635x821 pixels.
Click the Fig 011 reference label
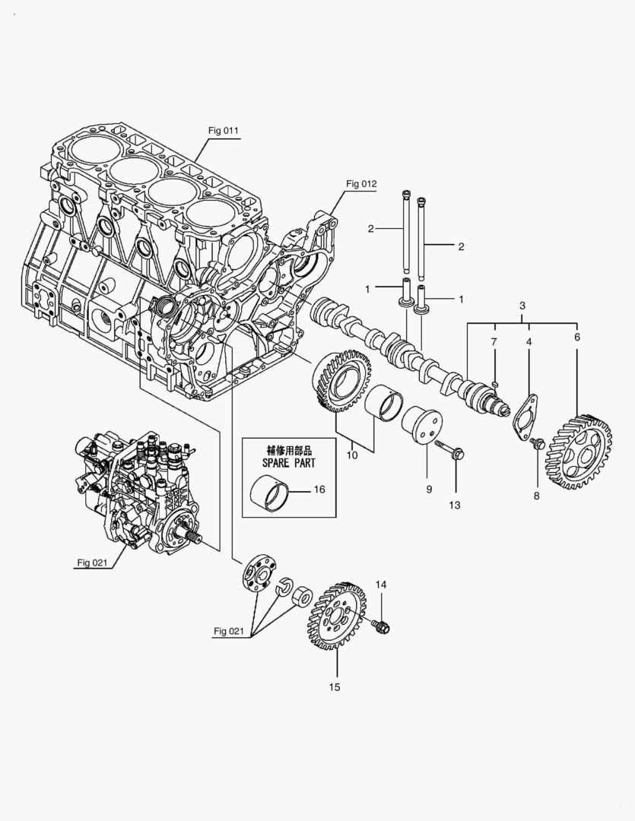click(x=224, y=130)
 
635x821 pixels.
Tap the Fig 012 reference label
click(x=361, y=184)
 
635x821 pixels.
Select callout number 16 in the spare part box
click(x=319, y=490)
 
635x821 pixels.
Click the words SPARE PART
click(x=278, y=461)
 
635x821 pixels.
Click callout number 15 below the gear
click(x=335, y=686)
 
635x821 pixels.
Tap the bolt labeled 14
click(x=381, y=626)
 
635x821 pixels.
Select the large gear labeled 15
click(x=335, y=616)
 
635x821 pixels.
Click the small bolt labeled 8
click(x=538, y=443)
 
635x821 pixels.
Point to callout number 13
click(x=456, y=504)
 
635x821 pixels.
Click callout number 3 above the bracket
click(x=522, y=306)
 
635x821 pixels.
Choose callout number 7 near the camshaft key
click(x=494, y=343)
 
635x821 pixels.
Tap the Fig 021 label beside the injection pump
click(x=92, y=563)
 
